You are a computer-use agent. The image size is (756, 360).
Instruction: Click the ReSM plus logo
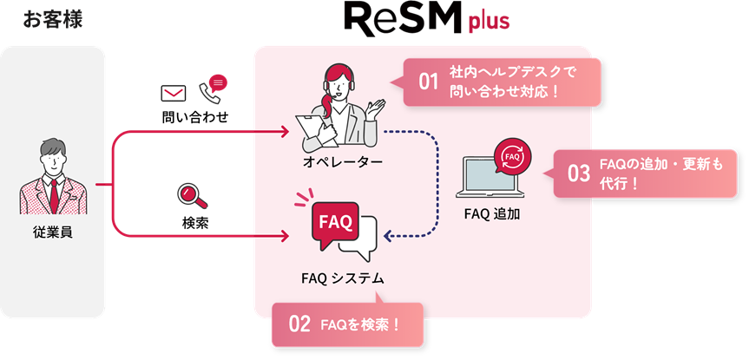click(426, 19)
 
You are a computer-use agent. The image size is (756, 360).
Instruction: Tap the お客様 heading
click(53, 19)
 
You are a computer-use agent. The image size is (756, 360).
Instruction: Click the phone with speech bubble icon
click(213, 86)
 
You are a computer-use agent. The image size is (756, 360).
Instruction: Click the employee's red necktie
click(54, 194)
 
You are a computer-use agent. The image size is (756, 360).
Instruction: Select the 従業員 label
click(53, 232)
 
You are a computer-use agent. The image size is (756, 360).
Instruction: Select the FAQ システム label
click(342, 278)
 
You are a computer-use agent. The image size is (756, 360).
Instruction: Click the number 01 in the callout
click(429, 82)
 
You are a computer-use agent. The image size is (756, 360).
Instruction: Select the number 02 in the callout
click(299, 325)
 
